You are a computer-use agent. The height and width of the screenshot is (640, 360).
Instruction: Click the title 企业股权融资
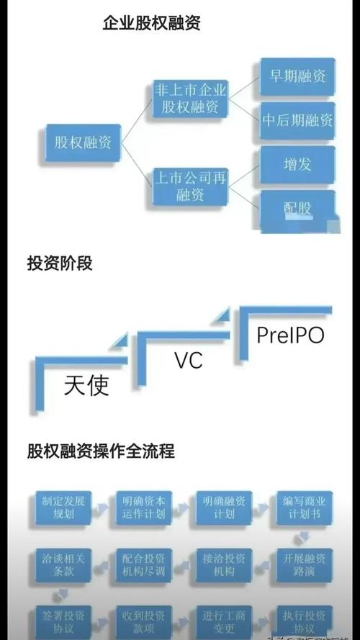pos(151,24)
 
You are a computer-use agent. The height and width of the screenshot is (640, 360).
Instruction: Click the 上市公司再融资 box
pos(191,185)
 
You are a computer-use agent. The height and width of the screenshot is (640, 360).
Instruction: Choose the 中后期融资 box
pos(297,120)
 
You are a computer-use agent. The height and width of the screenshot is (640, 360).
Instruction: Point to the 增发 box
pos(297,163)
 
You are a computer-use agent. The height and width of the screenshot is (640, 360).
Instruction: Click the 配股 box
pos(297,209)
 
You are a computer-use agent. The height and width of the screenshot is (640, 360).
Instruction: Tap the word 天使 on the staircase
pos(86,386)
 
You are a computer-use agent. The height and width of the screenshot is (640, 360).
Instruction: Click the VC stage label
pos(189,360)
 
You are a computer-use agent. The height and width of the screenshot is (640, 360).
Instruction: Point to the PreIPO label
pos(291,335)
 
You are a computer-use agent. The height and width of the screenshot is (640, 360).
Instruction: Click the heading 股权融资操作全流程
pos(101,451)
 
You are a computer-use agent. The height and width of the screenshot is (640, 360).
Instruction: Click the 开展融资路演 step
pos(305,564)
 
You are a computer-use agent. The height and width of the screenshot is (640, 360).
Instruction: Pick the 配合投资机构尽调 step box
pos(145,564)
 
